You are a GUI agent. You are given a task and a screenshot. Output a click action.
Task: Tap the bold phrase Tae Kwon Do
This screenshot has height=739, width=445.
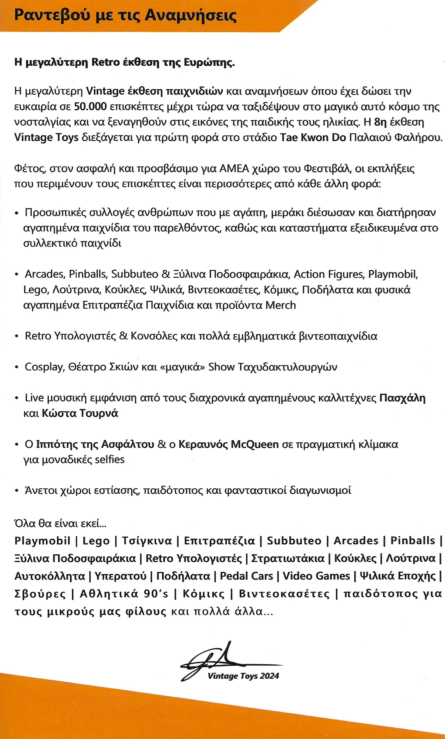(x=313, y=138)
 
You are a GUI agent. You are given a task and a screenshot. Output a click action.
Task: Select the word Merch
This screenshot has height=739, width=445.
(x=281, y=305)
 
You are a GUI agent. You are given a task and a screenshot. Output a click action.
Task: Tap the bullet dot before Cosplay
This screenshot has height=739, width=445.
(x=16, y=367)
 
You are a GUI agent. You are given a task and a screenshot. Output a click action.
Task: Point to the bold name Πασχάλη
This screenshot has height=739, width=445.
(x=403, y=398)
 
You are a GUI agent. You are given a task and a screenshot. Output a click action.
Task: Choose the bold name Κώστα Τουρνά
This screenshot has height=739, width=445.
(x=80, y=413)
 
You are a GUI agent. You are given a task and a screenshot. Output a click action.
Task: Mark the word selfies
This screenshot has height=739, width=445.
(x=109, y=459)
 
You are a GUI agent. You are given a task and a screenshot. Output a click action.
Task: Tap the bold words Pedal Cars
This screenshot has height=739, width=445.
(x=246, y=576)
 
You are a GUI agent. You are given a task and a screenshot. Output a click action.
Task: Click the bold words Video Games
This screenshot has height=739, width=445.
(x=316, y=576)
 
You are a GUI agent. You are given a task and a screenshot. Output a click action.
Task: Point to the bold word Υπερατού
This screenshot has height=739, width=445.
(x=120, y=576)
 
